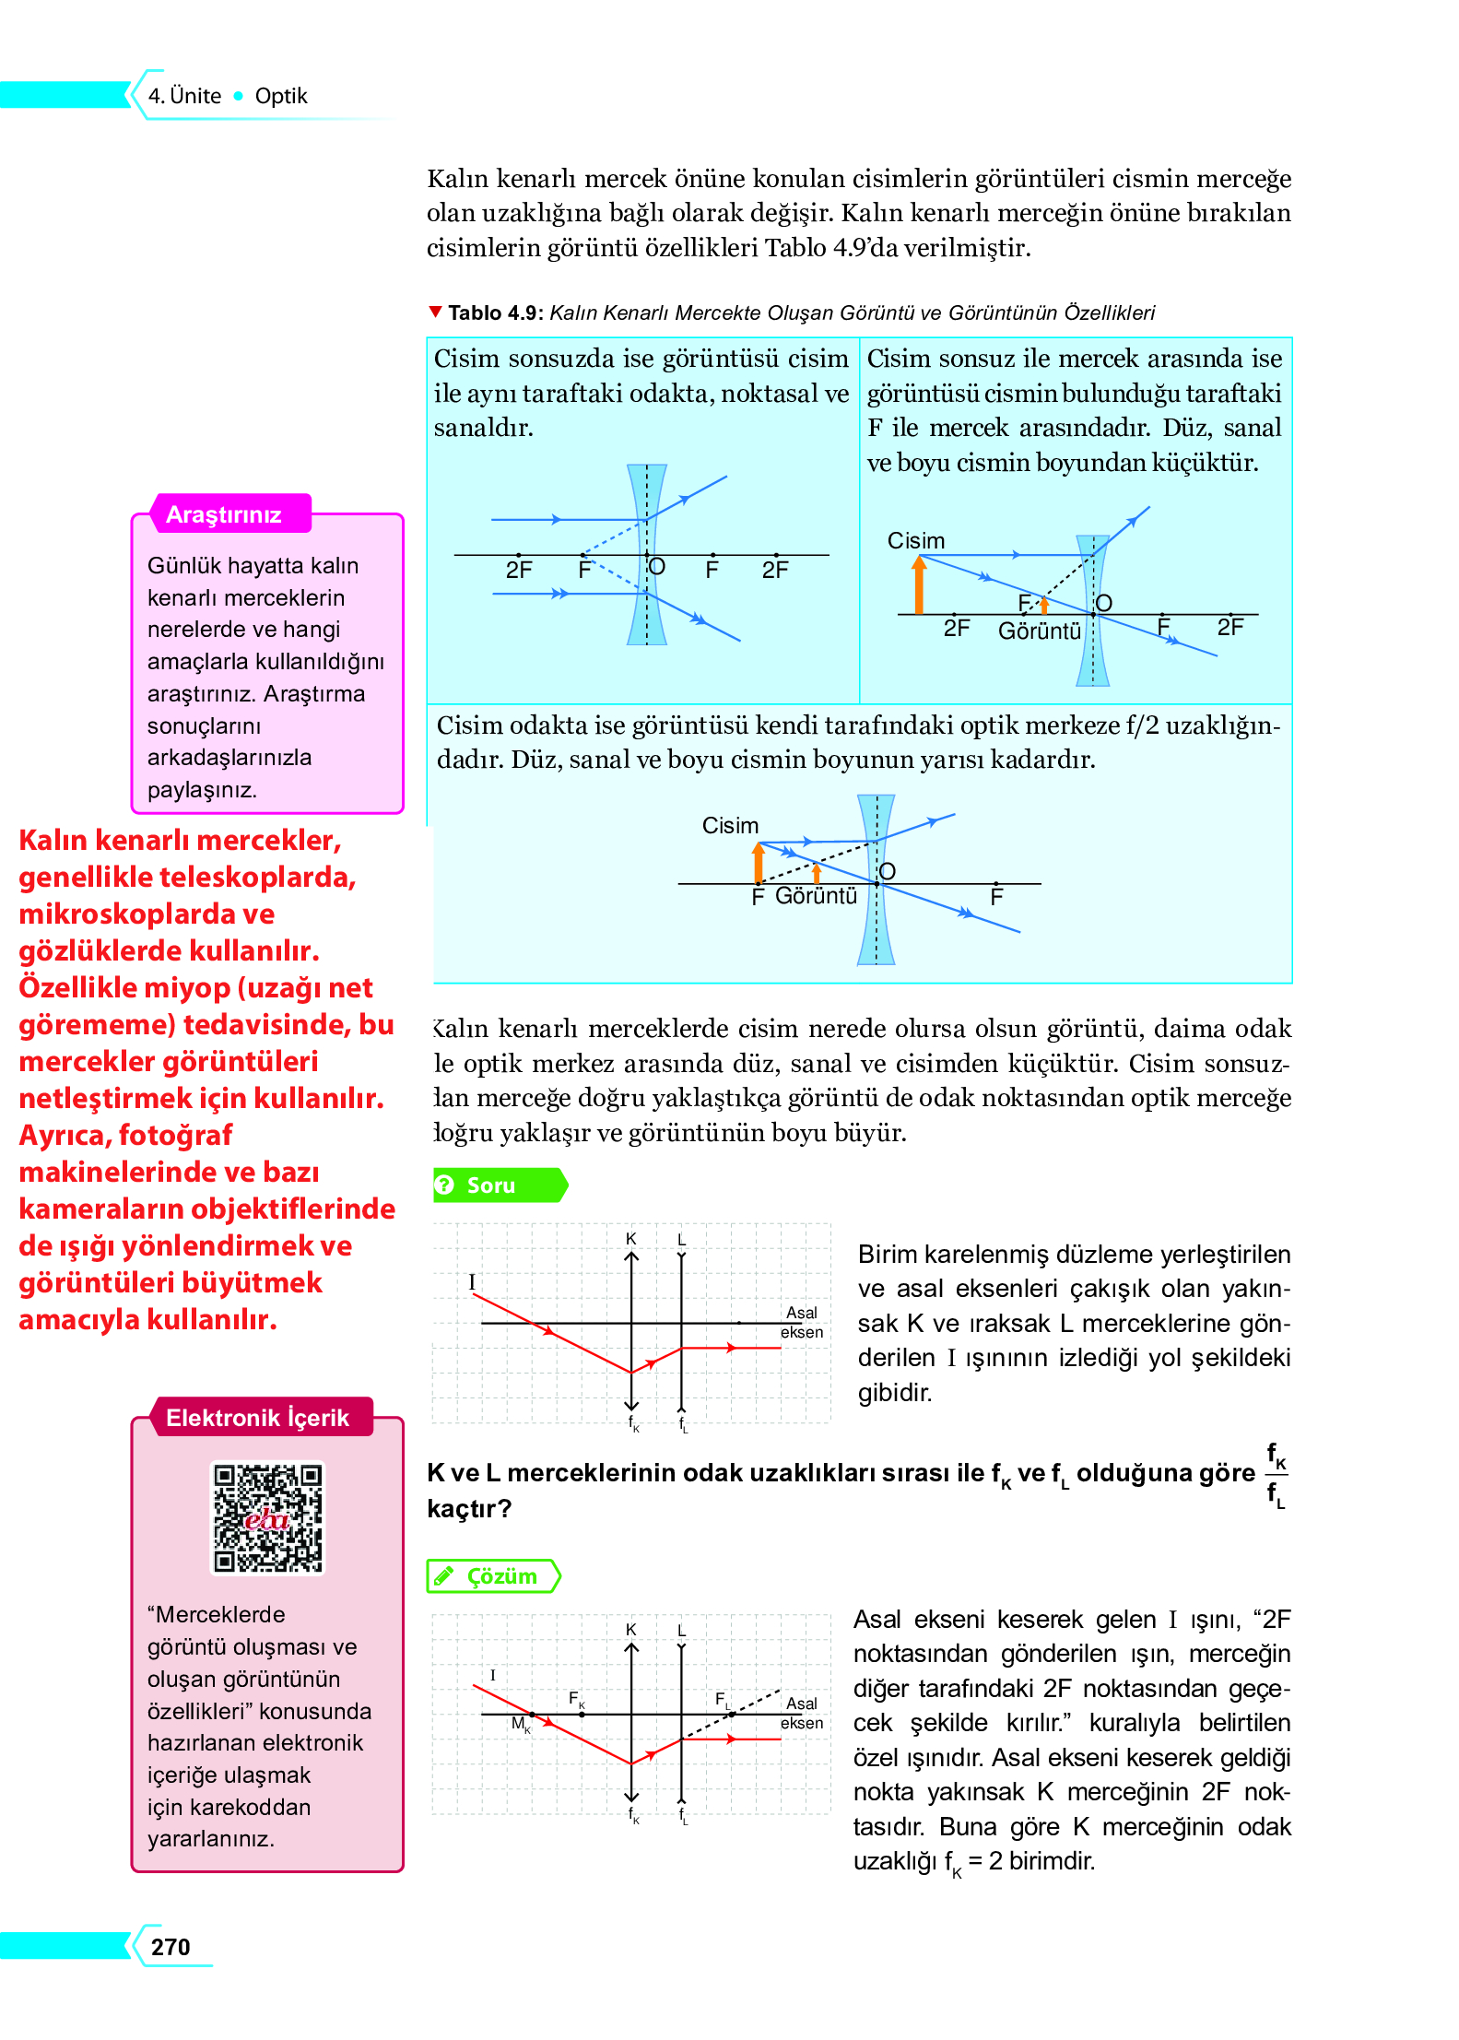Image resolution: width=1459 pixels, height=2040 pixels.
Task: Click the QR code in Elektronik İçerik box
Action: tap(267, 1516)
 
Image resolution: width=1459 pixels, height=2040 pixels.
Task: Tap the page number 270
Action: tap(171, 1947)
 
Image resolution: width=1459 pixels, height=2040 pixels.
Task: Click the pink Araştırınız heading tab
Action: tap(224, 514)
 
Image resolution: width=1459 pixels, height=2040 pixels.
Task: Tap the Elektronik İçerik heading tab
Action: tap(258, 1418)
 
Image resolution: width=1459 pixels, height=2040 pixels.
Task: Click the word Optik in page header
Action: tap(281, 96)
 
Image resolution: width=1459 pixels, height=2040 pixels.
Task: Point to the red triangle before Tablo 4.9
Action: tap(435, 312)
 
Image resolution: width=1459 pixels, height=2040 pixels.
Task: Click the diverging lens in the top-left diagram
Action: tap(646, 554)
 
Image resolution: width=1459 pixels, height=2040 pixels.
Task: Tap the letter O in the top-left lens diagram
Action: tap(657, 566)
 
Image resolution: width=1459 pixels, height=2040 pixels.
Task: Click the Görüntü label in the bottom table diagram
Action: tap(816, 896)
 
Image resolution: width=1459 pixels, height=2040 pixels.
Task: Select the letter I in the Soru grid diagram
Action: tap(472, 1281)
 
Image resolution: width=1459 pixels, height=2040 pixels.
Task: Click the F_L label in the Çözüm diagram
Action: tap(723, 1699)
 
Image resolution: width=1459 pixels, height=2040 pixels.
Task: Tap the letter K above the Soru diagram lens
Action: tap(631, 1238)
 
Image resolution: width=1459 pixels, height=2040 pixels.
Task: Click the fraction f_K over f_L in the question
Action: tap(1277, 1474)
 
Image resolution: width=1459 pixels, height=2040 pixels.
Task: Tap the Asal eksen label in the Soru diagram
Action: tap(802, 1322)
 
